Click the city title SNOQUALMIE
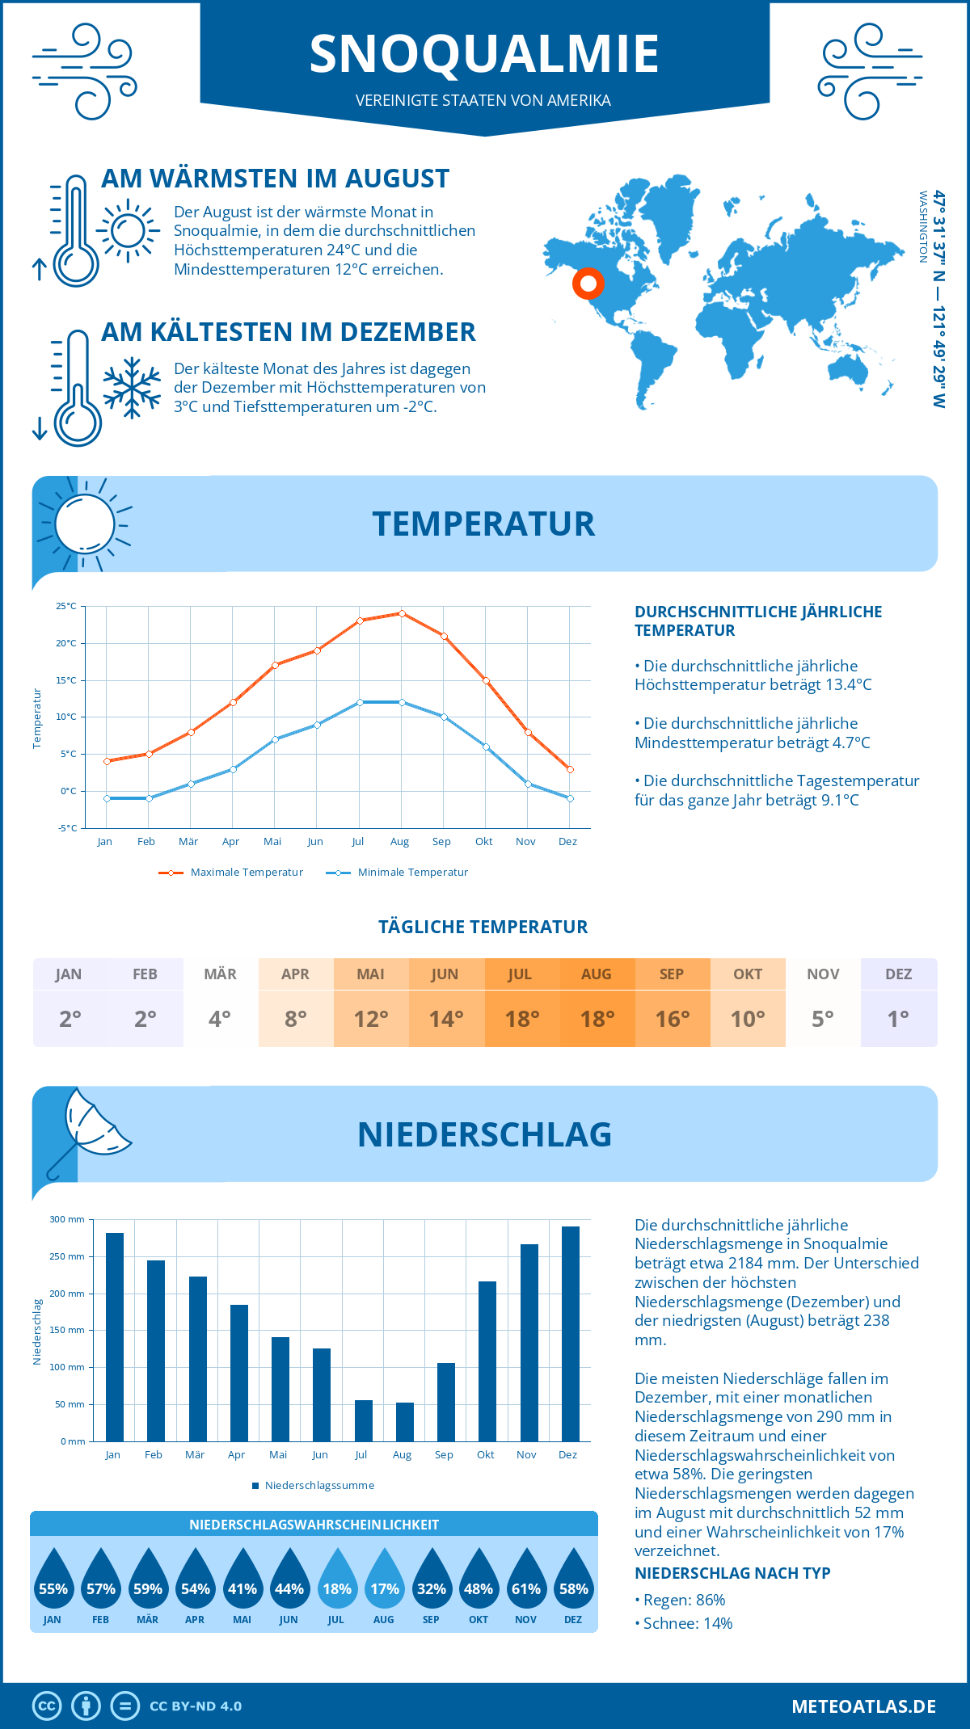(x=484, y=54)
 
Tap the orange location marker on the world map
(x=588, y=284)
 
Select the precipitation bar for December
(x=571, y=1334)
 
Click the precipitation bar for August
(x=405, y=1422)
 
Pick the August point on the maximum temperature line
(x=402, y=613)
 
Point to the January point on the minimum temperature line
(x=107, y=798)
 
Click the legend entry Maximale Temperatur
(x=231, y=873)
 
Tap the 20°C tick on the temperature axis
(x=66, y=643)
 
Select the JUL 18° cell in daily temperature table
(x=521, y=1003)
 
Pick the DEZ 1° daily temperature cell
(x=898, y=1003)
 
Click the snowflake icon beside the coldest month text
(x=132, y=388)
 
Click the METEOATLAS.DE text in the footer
(x=863, y=1706)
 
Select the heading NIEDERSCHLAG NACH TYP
(x=732, y=1573)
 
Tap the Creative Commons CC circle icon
(x=47, y=1706)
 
